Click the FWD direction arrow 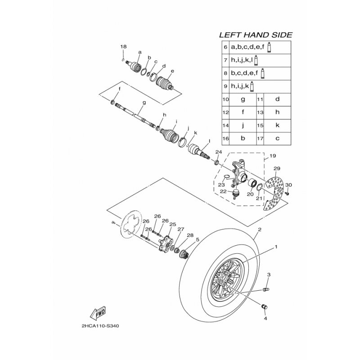point(98,313)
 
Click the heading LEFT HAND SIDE point(256,35)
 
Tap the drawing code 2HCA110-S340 point(100,326)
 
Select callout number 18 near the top point(123,47)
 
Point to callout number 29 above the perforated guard point(277,168)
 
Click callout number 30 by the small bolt point(288,185)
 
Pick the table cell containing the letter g point(243,99)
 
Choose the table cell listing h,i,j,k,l point(260,60)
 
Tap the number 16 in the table point(226,139)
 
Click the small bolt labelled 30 point(287,194)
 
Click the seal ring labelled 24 point(216,162)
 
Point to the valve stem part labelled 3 point(265,290)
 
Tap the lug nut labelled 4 point(265,307)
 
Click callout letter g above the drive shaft point(144,103)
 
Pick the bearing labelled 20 point(252,183)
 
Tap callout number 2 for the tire point(260,229)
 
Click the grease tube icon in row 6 point(269,48)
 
